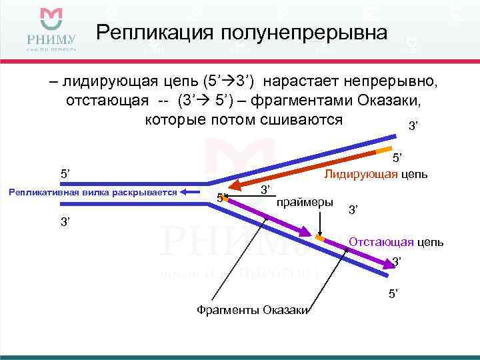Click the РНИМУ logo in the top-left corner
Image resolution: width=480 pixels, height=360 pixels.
51,29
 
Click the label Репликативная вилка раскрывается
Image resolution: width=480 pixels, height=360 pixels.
92,193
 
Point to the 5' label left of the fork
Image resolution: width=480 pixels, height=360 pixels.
65,174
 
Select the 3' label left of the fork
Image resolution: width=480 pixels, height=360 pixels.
65,221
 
